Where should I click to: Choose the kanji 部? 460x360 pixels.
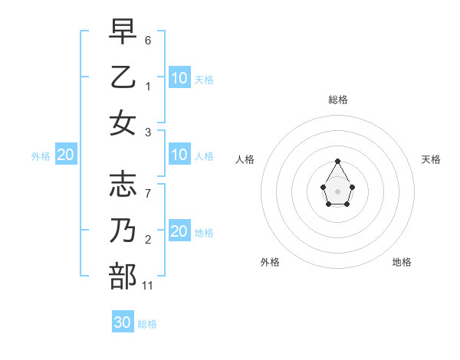point(123,277)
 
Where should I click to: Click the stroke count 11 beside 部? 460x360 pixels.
point(148,286)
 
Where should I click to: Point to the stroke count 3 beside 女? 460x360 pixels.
point(147,133)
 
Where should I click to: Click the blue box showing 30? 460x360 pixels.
point(123,322)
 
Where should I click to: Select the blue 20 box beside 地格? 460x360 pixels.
point(179,231)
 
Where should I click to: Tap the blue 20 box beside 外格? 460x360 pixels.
point(66,155)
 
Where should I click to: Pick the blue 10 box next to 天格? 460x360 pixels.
point(179,77)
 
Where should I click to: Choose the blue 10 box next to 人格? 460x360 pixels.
point(179,155)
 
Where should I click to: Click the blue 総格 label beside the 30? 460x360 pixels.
point(147,324)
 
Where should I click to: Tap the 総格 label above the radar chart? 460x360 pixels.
point(337,100)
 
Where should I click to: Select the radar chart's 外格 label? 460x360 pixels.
point(270,262)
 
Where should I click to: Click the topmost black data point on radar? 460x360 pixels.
point(337,161)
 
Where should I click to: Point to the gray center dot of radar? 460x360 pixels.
point(337,190)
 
